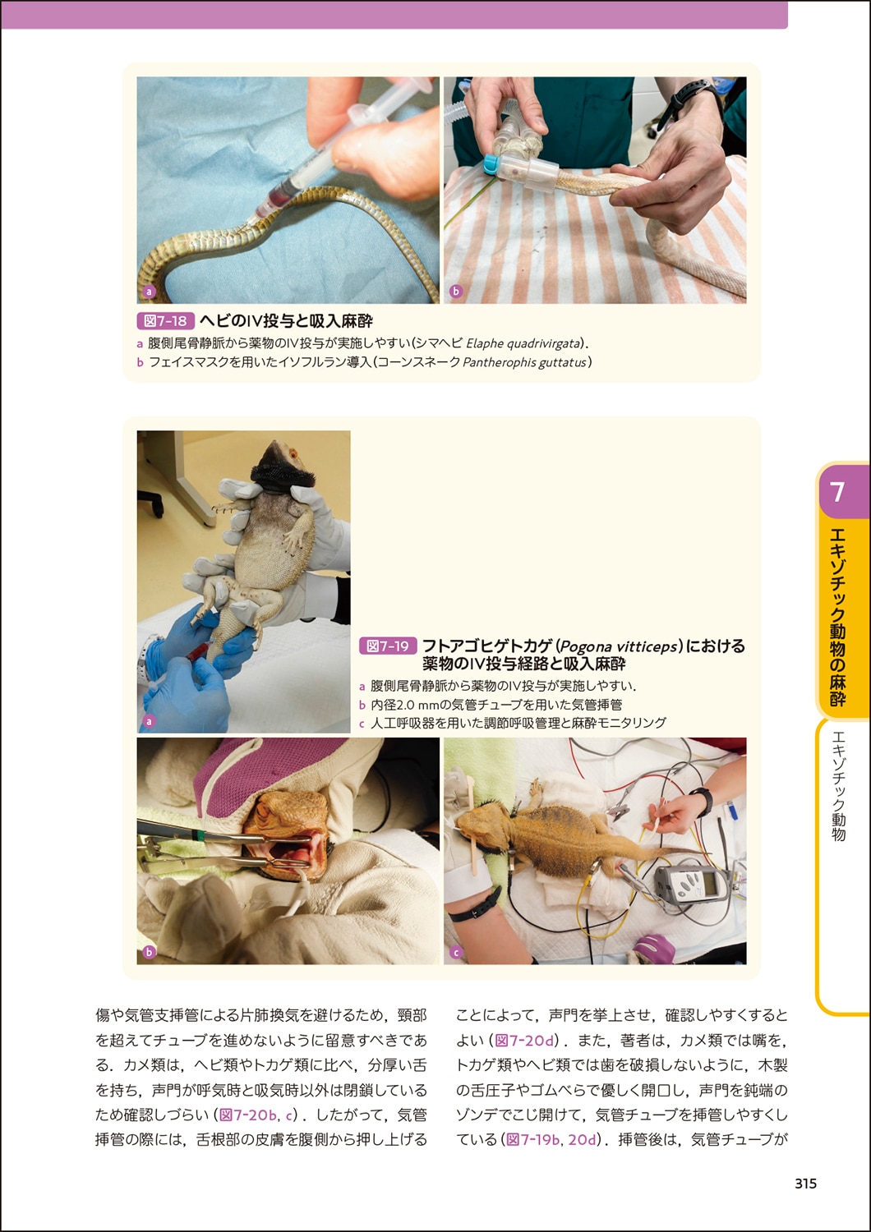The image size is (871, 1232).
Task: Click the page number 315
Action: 805,1184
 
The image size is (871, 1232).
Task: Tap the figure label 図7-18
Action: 166,321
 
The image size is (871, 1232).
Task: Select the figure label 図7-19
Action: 388,646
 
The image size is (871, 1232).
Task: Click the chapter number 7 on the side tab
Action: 837,492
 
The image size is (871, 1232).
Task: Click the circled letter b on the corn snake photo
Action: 456,291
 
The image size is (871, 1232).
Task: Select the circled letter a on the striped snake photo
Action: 149,291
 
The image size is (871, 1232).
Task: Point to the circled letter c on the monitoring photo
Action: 456,953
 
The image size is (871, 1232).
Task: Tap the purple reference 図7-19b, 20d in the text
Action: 550,1139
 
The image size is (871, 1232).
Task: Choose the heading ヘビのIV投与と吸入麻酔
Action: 286,321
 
